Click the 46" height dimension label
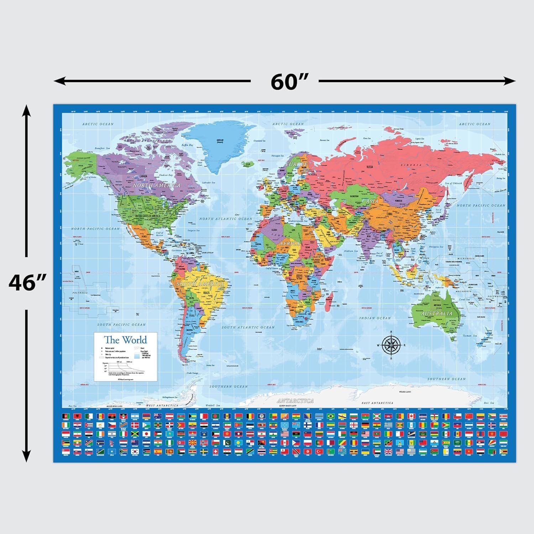pyautogui.click(x=27, y=283)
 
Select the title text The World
pyautogui.click(x=125, y=340)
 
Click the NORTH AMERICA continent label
pyautogui.click(x=156, y=185)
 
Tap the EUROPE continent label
pyautogui.click(x=296, y=164)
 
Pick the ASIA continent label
pyautogui.click(x=370, y=201)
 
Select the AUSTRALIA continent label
pyautogui.click(x=436, y=314)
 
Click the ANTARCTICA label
pyautogui.click(x=295, y=401)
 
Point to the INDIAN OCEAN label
pyautogui.click(x=375, y=318)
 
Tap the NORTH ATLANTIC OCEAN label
pyautogui.click(x=225, y=219)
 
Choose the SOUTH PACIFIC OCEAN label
pyautogui.click(x=121, y=325)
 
